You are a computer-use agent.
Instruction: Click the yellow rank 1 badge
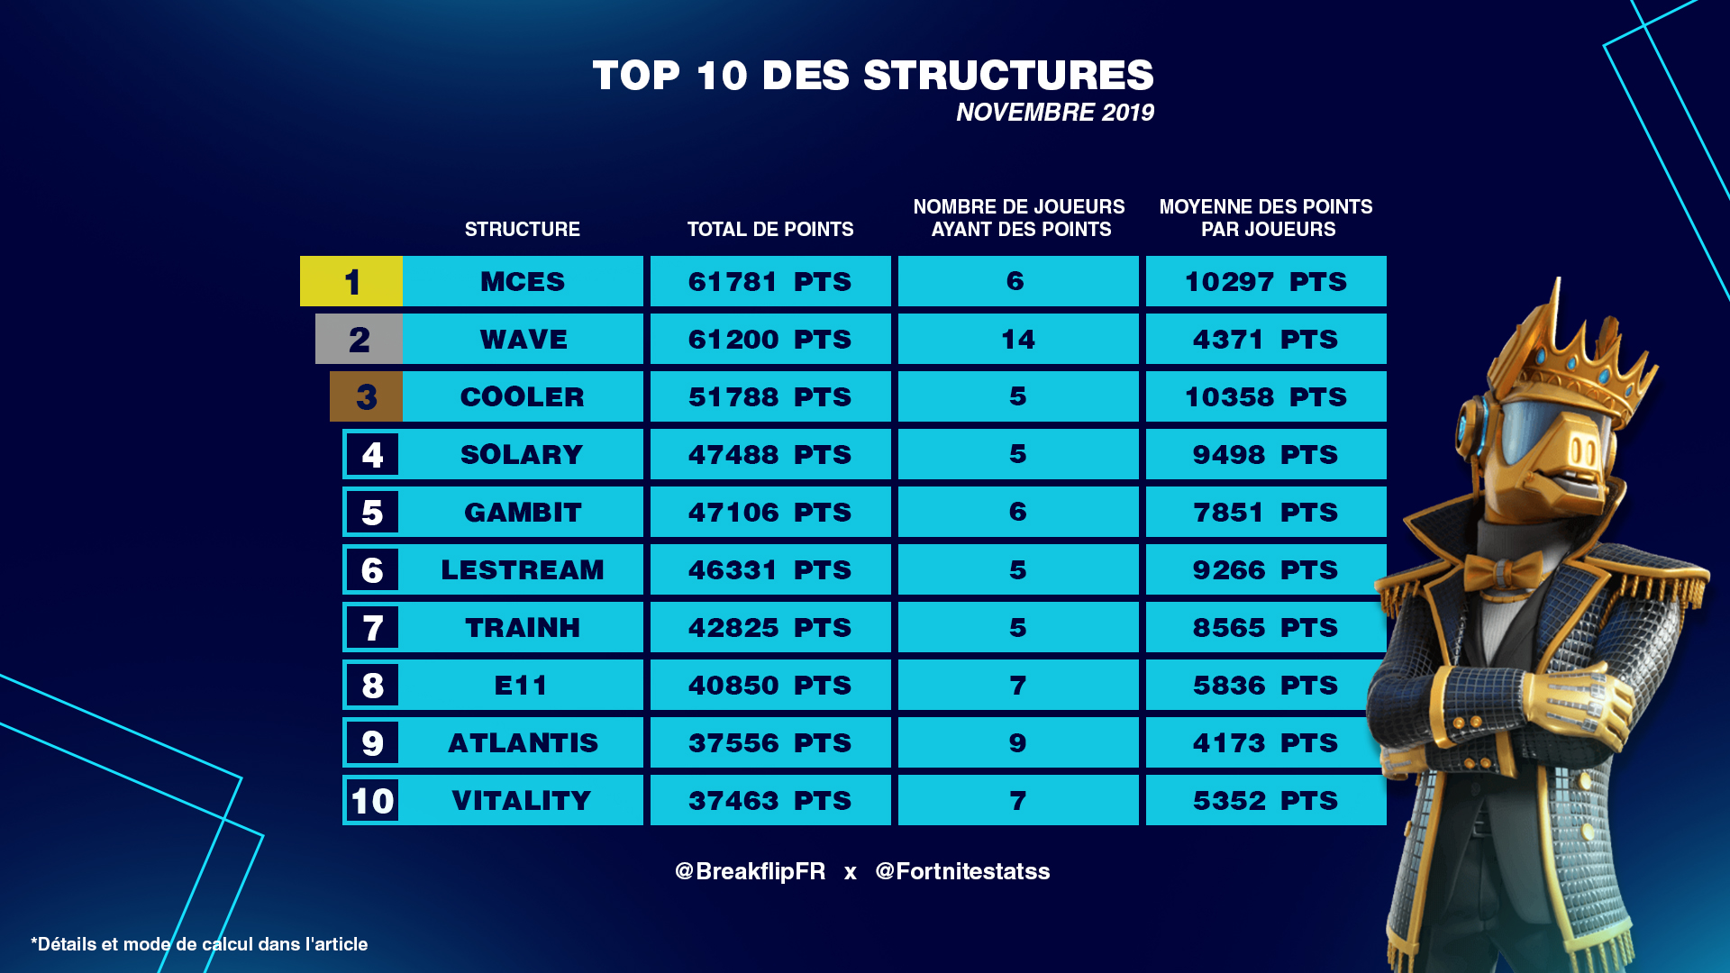[351, 281]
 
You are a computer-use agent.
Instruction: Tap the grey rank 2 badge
[359, 339]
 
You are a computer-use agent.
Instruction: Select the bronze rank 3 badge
[366, 396]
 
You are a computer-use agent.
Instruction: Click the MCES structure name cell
[523, 281]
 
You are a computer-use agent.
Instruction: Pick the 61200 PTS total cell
[770, 339]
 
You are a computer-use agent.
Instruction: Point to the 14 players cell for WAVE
[1018, 339]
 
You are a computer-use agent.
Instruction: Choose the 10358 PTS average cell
[1266, 396]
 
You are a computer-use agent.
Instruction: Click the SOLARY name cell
[523, 454]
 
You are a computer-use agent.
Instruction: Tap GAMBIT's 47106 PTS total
[770, 512]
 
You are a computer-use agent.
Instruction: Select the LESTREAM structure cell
[523, 569]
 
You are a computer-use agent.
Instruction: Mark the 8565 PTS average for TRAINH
[1266, 627]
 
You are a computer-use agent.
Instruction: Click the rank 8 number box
[372, 685]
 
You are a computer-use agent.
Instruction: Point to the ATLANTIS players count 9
[1018, 742]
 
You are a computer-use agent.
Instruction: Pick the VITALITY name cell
[523, 800]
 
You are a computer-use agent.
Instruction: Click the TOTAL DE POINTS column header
[770, 229]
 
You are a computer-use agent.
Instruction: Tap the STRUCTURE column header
[523, 229]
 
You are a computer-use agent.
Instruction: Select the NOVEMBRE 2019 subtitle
[1054, 113]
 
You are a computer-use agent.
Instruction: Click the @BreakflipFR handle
[750, 871]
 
